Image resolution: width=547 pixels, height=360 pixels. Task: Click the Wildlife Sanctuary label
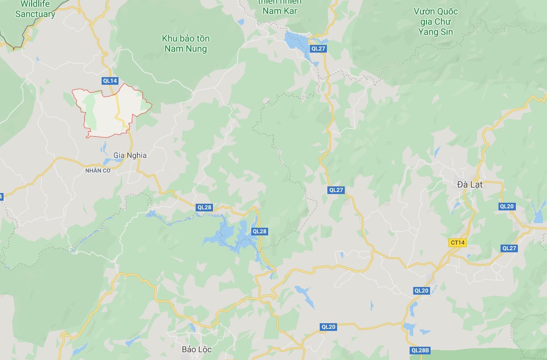pos(35,9)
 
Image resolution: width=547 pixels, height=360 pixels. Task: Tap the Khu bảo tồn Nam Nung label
pos(185,44)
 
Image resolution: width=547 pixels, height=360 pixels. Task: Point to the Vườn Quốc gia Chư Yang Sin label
pos(436,21)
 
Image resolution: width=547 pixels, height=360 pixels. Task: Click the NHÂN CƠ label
pos(98,171)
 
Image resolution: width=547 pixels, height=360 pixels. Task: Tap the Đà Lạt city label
pos(470,185)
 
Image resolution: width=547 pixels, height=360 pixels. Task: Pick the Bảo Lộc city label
pos(197,350)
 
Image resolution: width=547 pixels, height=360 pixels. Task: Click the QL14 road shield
pos(110,81)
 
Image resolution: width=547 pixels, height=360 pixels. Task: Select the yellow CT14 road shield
pos(458,243)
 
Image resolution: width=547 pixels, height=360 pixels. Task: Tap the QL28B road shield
pos(420,350)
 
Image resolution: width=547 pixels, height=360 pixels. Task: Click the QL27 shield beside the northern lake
pos(318,49)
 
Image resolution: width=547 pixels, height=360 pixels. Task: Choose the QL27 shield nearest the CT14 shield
pos(509,248)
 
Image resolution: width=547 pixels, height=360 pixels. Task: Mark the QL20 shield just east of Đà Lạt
pos(507,206)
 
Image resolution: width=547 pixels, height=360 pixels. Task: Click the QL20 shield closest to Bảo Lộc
pos(328,327)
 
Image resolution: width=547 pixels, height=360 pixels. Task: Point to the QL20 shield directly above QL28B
pos(421,291)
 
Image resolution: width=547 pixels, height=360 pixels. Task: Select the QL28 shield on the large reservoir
pos(259,231)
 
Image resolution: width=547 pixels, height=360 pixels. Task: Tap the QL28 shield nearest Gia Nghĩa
pos(204,207)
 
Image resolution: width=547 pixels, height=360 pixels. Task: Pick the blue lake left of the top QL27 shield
pos(295,40)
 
